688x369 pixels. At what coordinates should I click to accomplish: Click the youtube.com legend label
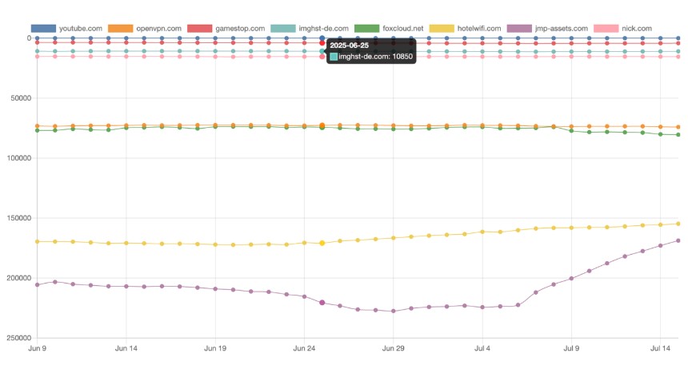(82, 29)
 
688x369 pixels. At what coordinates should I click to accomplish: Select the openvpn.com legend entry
(158, 29)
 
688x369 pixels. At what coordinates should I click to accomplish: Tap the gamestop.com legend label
(240, 29)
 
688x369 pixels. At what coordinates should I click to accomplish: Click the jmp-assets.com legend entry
(562, 29)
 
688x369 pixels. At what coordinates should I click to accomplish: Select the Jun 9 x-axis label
(37, 349)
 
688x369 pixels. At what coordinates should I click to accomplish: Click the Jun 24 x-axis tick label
(304, 349)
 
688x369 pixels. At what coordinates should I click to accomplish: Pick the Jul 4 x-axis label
(482, 349)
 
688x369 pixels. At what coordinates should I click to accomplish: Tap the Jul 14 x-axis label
(660, 349)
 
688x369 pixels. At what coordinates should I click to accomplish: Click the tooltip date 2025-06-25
(350, 46)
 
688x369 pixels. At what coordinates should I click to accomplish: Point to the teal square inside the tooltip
(334, 58)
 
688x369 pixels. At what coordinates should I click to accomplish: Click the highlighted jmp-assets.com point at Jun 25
(322, 303)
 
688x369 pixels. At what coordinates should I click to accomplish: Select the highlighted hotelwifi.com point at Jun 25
(322, 243)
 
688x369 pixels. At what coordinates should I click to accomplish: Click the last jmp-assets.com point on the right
(678, 240)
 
